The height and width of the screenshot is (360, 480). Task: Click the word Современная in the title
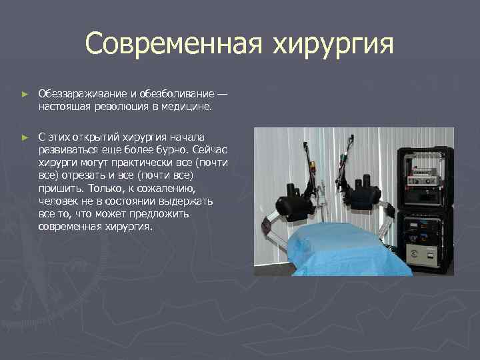(x=173, y=45)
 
